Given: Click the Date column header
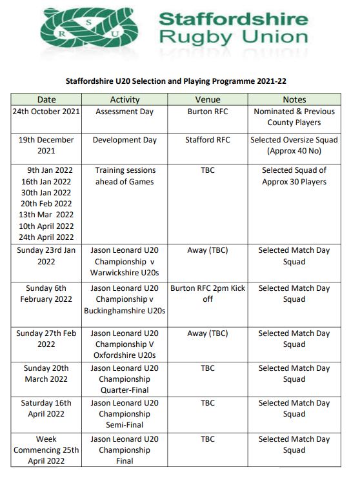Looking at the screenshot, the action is tap(46, 100).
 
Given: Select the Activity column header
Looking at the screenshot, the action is tap(125, 100).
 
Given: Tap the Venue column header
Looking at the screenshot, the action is tap(208, 100).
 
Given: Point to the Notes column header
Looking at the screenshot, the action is tap(294, 100).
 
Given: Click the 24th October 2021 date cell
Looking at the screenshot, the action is tap(46, 112).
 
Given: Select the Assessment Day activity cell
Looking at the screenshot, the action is tap(125, 112).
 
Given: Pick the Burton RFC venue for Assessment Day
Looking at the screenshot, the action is tap(208, 112).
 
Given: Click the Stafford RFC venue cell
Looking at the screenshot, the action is tap(208, 140).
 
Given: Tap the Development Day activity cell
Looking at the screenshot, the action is tap(125, 140).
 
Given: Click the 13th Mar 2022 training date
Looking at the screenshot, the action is tap(46, 215).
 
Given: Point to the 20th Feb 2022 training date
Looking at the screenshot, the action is tap(46, 204).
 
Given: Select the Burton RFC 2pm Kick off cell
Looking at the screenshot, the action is tap(208, 293).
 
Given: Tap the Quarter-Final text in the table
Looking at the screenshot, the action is tap(125, 390).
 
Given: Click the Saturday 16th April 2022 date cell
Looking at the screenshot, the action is tap(46, 408).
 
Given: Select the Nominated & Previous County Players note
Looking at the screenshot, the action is tap(294, 117).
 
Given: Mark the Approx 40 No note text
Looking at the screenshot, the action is tap(294, 151).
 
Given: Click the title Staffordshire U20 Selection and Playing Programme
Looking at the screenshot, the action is tap(179, 82).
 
